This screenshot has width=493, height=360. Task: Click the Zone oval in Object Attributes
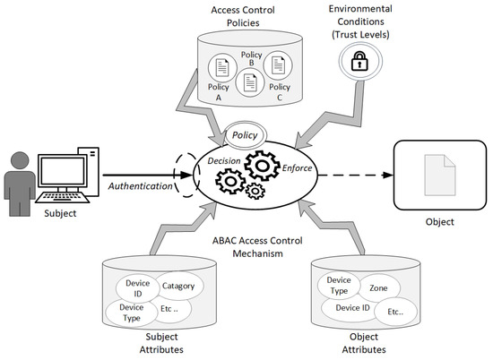[378, 289]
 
